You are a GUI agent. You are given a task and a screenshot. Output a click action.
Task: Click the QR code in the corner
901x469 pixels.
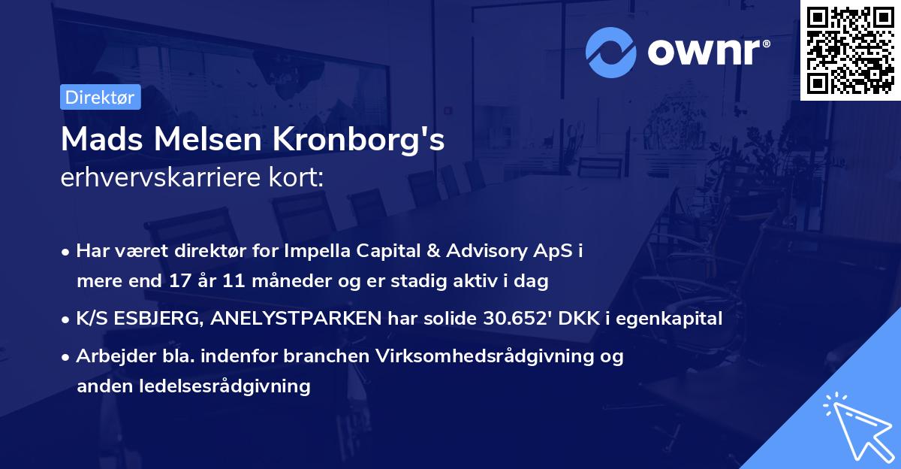850,50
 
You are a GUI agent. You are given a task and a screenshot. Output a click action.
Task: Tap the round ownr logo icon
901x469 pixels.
610,53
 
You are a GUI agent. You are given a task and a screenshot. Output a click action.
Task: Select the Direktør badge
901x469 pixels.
101,97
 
